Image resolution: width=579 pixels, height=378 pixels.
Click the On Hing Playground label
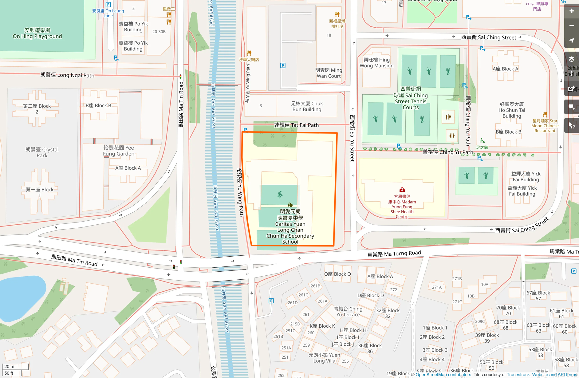[x=37, y=33]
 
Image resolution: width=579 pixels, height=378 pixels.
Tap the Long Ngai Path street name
[x=67, y=75]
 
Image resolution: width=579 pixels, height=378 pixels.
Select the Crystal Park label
[x=42, y=152]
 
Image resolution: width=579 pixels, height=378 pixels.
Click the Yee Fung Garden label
[x=119, y=151]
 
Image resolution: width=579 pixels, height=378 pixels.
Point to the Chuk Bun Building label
[x=307, y=106]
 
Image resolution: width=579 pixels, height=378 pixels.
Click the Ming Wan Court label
[x=329, y=73]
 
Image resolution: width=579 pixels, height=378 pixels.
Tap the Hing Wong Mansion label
[x=376, y=63]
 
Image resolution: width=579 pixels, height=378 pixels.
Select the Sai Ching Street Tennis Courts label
[x=411, y=98]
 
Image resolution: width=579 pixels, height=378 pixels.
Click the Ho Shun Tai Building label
[x=512, y=110]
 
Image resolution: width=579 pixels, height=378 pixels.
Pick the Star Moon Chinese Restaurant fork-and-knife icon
[x=545, y=114]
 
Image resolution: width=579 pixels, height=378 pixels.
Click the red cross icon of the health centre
[x=402, y=190]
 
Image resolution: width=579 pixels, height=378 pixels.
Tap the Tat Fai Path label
[x=296, y=125]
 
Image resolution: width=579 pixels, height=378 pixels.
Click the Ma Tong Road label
[x=394, y=254]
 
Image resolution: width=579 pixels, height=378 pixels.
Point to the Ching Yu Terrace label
[x=348, y=312]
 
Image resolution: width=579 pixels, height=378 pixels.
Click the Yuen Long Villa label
[x=324, y=358]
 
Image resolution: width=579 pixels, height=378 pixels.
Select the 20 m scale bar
[x=15, y=366]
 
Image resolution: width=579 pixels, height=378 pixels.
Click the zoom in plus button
[x=571, y=11]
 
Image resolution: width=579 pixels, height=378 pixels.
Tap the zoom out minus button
[x=571, y=26]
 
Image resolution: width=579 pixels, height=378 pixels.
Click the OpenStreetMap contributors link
[x=443, y=375]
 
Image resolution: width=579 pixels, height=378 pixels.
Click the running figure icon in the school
[x=280, y=195]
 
